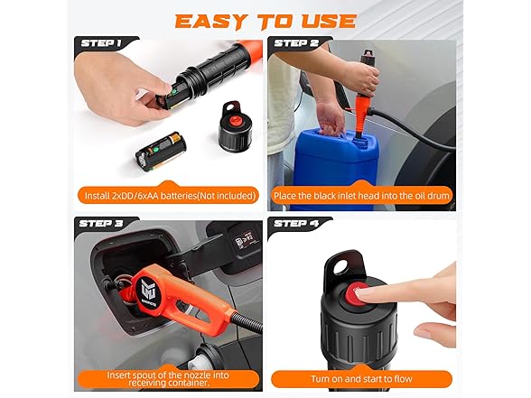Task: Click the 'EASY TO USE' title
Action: point(265,20)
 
